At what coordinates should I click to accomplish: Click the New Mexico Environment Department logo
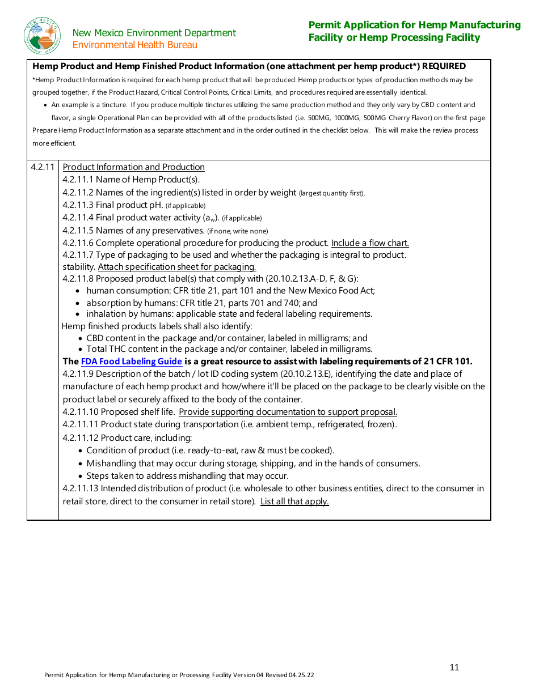(x=43, y=36)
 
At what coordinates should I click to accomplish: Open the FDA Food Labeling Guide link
(x=132, y=362)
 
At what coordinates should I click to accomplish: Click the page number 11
(x=454, y=668)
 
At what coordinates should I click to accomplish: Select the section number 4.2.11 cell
(x=43, y=167)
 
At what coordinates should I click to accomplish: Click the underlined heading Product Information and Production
(x=133, y=167)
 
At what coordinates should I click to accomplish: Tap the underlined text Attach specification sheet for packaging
(x=177, y=267)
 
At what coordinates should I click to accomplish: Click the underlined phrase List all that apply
(x=294, y=501)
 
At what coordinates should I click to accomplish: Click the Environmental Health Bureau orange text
(x=135, y=45)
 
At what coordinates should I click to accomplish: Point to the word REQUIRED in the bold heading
(x=444, y=66)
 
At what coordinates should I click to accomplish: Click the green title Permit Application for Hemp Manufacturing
(x=414, y=25)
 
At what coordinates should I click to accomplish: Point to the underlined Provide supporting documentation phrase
(x=288, y=412)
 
